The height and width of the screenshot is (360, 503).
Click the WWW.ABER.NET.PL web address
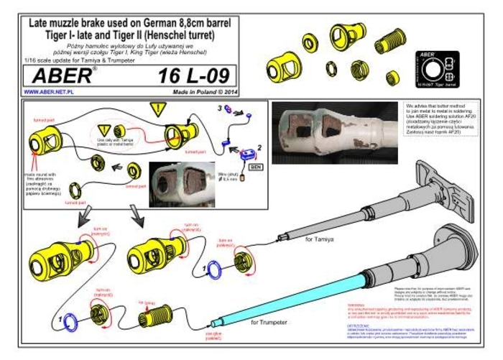[52, 93]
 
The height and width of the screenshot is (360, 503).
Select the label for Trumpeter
[269, 322]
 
